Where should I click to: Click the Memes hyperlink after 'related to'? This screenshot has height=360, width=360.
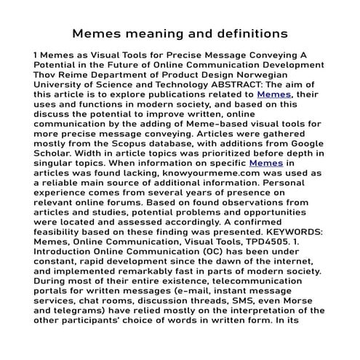coord(273,94)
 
